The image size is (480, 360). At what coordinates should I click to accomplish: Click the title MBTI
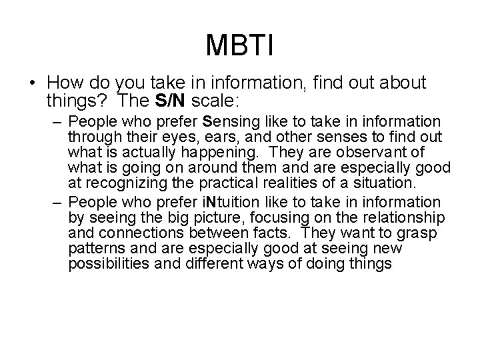(240, 45)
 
